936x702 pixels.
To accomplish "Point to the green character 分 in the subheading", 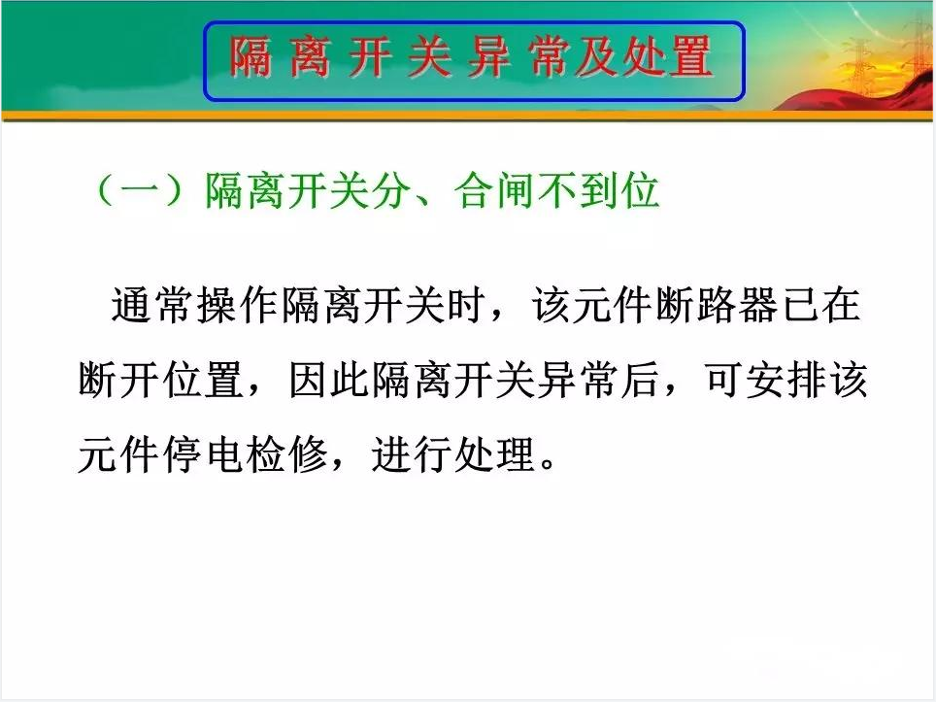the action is (390, 190).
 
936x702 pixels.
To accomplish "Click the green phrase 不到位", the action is (598, 190).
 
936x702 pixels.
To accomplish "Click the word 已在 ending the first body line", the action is (820, 305).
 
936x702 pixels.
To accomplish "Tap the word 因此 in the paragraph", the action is (329, 380).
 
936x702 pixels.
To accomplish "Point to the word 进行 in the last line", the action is (412, 454).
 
